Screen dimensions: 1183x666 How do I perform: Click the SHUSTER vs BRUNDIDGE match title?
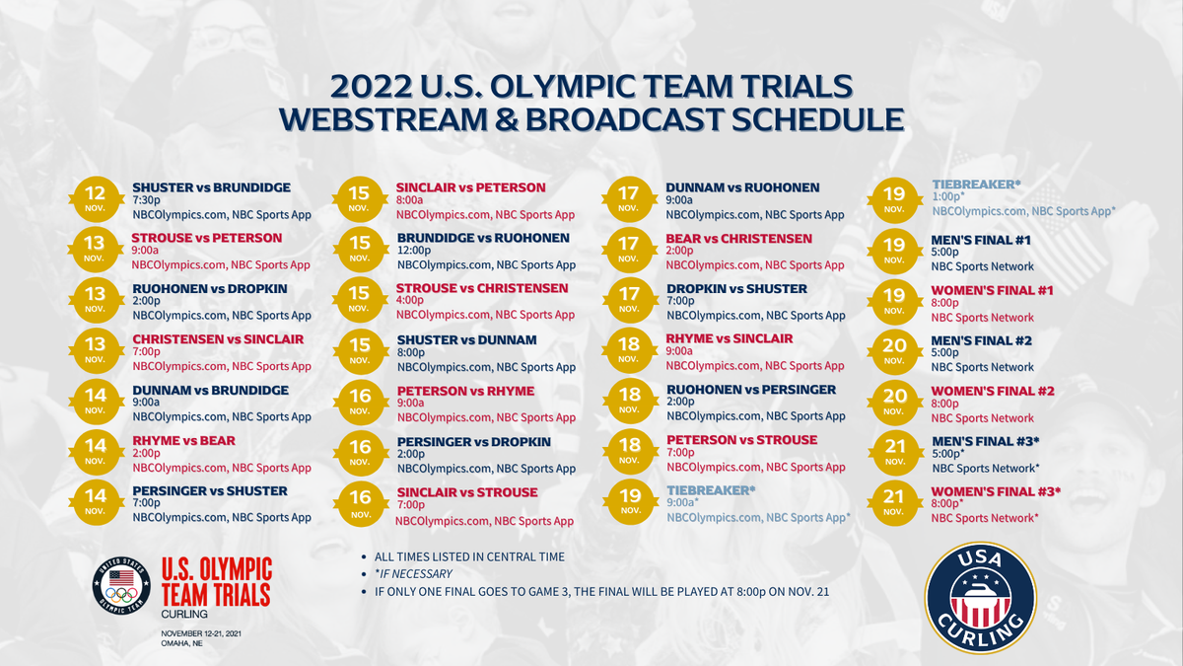coord(211,187)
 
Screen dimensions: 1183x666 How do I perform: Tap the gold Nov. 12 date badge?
coord(96,199)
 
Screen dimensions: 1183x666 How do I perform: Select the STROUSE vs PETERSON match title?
coord(206,238)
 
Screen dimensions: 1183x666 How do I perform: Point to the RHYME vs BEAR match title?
coord(183,441)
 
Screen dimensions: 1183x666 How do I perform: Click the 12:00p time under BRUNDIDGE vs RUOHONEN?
coord(414,250)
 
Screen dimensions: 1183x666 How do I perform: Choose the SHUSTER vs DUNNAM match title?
coord(467,339)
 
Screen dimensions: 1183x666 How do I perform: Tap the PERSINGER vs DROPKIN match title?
coord(474,442)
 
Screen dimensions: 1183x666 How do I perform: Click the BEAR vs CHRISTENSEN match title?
coord(738,239)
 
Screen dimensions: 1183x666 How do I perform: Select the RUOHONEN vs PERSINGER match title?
coord(751,390)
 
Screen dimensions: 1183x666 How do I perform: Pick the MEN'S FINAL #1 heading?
coord(981,240)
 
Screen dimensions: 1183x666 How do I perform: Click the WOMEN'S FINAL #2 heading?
coord(993,391)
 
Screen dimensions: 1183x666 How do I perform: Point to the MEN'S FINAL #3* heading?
coord(986,441)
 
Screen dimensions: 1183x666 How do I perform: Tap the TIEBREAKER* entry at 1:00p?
coord(977,185)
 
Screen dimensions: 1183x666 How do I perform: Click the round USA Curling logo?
coord(981,598)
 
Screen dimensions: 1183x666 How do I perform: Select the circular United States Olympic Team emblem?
coord(121,586)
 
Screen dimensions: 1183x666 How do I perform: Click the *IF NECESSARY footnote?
coord(413,573)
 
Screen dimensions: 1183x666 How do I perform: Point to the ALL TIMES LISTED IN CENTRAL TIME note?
coord(469,556)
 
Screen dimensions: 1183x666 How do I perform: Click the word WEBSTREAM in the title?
coord(383,119)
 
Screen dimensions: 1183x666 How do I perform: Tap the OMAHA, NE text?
coord(182,643)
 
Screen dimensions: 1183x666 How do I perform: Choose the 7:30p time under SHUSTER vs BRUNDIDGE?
coord(146,200)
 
